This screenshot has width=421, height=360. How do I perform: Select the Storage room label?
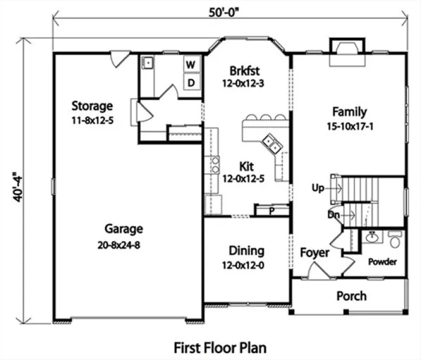(x=92, y=105)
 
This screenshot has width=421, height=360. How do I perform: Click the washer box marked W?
(x=191, y=65)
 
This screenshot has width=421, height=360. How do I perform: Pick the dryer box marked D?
(x=191, y=82)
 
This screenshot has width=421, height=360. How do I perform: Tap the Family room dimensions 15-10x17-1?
(x=349, y=127)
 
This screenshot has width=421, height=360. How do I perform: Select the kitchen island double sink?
(x=271, y=144)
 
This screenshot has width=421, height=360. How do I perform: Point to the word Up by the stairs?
(x=318, y=188)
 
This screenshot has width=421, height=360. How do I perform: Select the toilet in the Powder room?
(x=395, y=239)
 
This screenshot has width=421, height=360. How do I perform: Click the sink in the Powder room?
(x=372, y=237)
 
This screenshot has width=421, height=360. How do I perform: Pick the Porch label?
(x=351, y=296)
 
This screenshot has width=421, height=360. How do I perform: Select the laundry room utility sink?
(x=147, y=64)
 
